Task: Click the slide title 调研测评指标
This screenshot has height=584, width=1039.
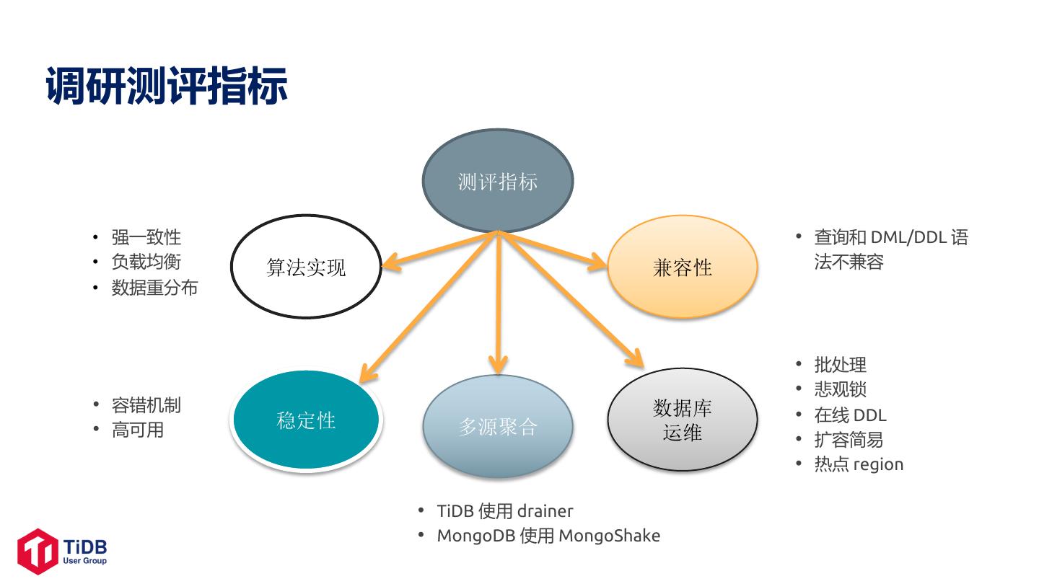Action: [167, 87]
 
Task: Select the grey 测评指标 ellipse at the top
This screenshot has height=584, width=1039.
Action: [497, 181]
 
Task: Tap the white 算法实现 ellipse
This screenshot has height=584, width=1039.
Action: [306, 267]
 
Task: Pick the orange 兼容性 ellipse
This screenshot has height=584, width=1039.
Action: [682, 267]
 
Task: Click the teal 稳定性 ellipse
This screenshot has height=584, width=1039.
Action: [306, 420]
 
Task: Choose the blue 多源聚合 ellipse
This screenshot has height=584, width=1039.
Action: [497, 426]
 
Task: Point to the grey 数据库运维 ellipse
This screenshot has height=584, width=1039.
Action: [682, 420]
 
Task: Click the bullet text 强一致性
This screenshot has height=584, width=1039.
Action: [146, 237]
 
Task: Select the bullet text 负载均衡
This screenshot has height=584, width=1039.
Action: [146, 262]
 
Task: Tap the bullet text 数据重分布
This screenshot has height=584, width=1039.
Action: [154, 288]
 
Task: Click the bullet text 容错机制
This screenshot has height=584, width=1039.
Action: [146, 405]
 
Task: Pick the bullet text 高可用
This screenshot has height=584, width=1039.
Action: [137, 430]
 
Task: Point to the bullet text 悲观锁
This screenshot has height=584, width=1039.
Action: [840, 389]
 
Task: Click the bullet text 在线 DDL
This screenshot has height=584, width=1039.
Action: [850, 415]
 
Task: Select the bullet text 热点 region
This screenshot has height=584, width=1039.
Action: [859, 464]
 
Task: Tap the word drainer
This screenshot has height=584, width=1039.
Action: [545, 511]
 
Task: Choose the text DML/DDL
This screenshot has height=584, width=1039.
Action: [908, 237]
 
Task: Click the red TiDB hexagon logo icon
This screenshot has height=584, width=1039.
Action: [38, 552]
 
